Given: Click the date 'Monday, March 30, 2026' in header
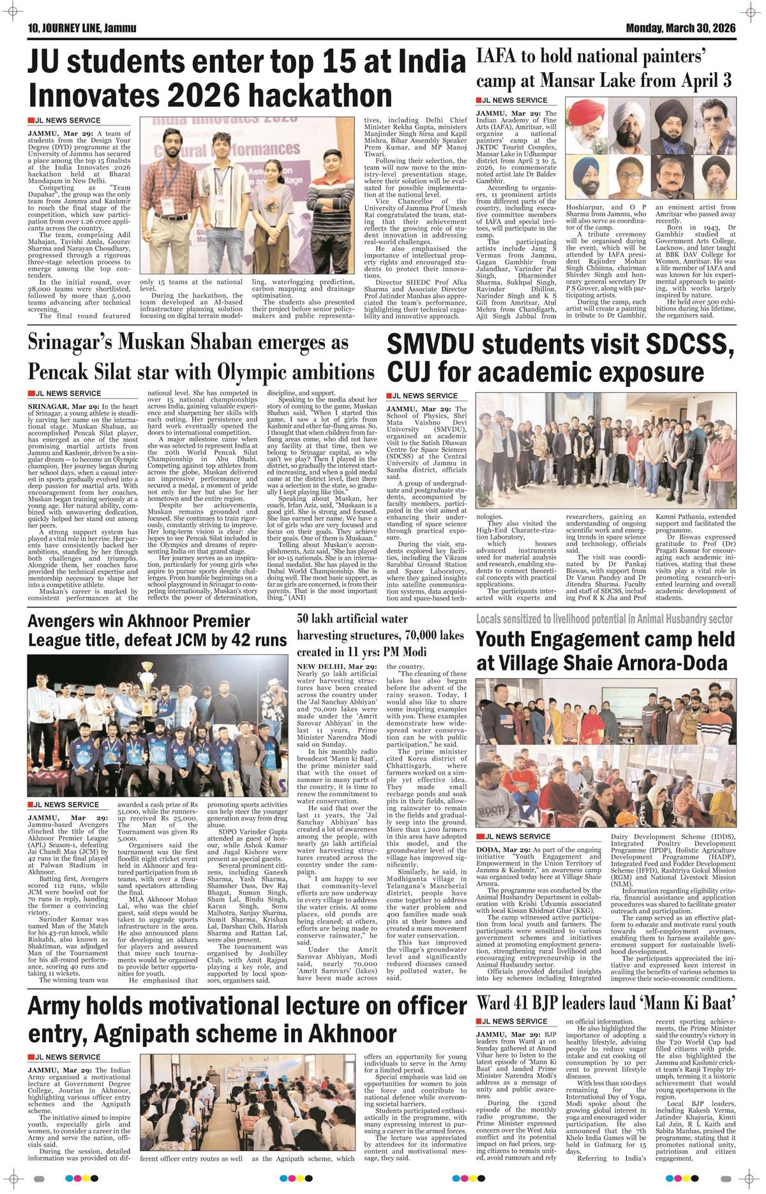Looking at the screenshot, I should tap(680, 28).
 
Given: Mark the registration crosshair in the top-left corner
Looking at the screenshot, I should tap(12, 12).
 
